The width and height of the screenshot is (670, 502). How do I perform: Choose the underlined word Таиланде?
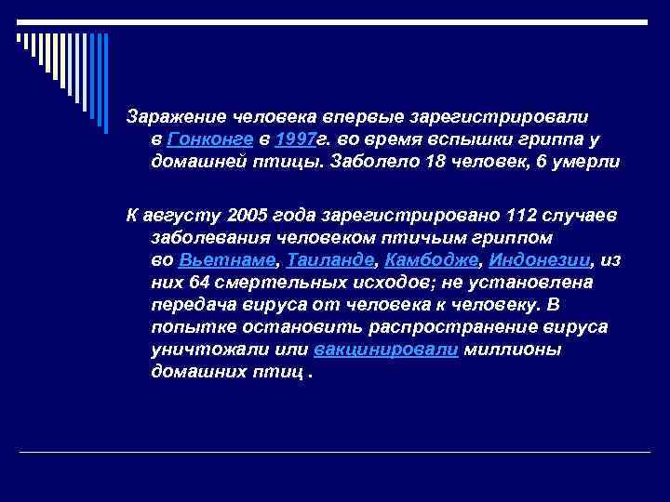coord(330,259)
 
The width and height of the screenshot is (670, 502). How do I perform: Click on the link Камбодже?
coord(431,259)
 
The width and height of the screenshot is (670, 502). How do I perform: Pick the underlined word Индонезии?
coord(539,259)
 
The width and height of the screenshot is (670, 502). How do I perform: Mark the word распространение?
coord(449,327)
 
